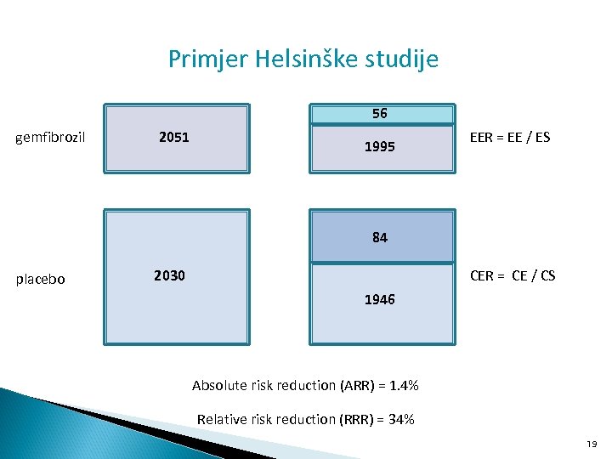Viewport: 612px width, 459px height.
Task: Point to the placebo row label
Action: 41,279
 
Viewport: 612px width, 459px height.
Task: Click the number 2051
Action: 173,137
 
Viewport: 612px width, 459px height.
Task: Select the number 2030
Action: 169,275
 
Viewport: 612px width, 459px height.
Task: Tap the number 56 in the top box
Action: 380,114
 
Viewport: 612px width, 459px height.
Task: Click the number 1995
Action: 379,147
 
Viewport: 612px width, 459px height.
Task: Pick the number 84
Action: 380,238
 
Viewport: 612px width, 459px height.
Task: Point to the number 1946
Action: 379,300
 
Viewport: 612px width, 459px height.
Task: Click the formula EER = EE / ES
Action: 509,137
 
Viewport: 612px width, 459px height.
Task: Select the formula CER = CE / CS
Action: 512,275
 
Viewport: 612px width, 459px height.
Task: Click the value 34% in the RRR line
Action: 399,419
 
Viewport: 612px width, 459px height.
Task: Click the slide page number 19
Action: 592,444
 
